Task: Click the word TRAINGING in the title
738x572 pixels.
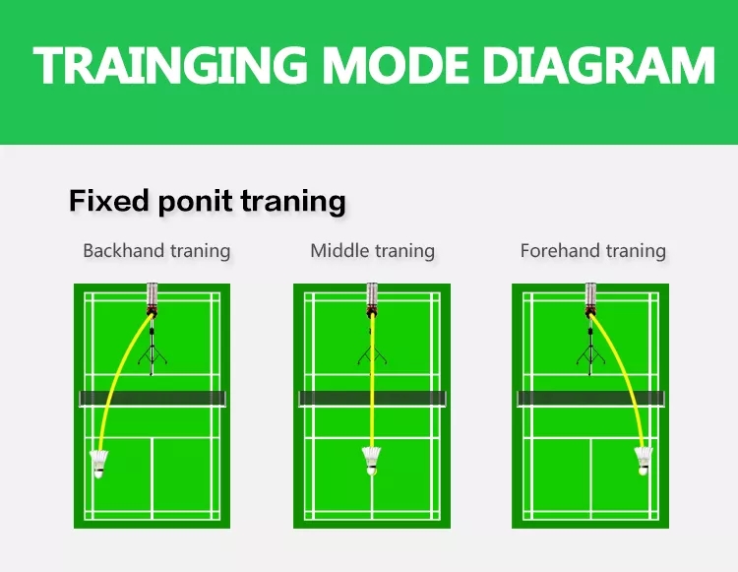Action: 170,65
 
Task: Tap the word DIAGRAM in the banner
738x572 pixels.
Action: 598,65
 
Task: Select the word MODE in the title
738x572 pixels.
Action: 396,65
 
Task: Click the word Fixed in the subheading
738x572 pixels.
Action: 109,201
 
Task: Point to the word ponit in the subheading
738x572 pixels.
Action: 195,203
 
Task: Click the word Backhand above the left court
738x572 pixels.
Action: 123,250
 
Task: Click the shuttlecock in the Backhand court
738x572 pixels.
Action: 98,464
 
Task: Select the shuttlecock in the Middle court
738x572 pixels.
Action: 371,461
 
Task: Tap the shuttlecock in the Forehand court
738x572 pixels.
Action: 643,461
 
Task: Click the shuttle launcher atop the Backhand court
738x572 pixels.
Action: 152,300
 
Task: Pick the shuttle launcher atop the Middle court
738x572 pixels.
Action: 372,300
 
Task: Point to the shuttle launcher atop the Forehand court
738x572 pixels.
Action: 590,300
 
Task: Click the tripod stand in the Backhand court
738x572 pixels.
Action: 152,350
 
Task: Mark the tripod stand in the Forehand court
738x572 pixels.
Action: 590,350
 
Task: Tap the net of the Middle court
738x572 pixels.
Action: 372,399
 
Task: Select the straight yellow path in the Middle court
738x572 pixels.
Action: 372,381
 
